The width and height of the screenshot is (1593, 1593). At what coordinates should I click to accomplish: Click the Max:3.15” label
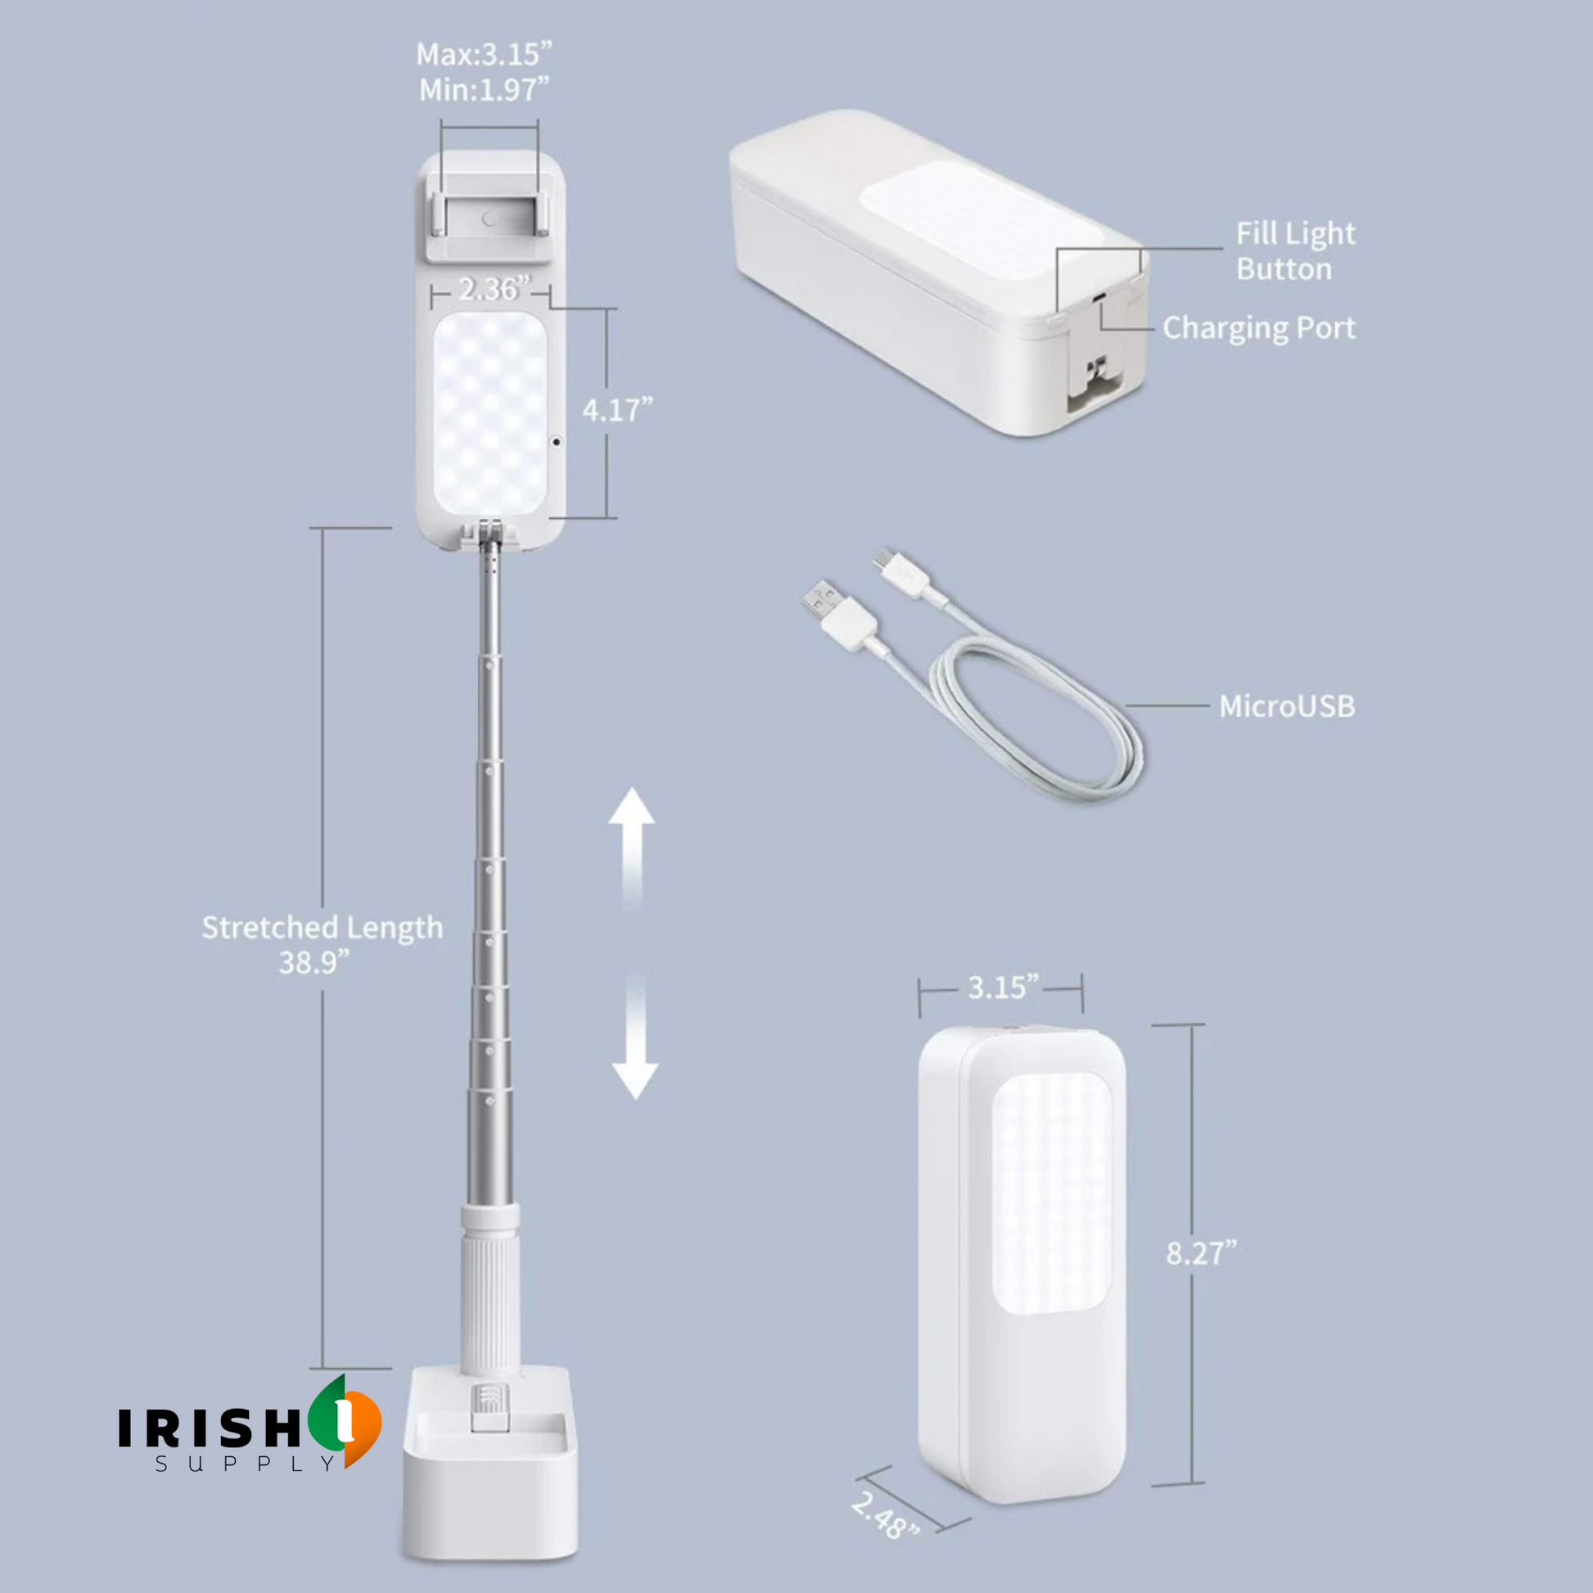pos(484,54)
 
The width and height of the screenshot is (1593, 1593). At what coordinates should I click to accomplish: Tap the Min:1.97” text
pos(484,90)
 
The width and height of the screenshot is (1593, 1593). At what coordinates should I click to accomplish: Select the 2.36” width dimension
pos(494,289)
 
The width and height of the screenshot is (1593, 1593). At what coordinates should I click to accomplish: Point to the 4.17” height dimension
pos(617,409)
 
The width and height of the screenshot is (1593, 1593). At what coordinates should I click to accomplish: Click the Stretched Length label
pos(323,927)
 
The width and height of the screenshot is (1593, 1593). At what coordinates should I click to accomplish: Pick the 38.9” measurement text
pos(314,962)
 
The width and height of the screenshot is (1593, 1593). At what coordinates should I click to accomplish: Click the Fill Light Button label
pos(1295,250)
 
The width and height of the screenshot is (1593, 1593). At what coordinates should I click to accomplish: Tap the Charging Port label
pos(1259,328)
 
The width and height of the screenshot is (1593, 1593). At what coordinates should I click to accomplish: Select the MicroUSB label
pos(1287,706)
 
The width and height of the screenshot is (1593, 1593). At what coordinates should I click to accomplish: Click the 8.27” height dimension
pos(1202,1253)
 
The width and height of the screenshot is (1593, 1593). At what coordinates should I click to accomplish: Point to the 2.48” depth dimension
pos(886,1515)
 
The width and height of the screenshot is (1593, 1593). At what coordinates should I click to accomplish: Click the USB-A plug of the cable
pos(837,613)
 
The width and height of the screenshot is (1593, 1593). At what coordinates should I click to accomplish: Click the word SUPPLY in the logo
pos(245,1464)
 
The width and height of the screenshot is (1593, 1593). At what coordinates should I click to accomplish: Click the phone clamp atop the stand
pos(490,210)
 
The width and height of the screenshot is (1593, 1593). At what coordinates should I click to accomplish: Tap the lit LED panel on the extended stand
pos(490,413)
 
